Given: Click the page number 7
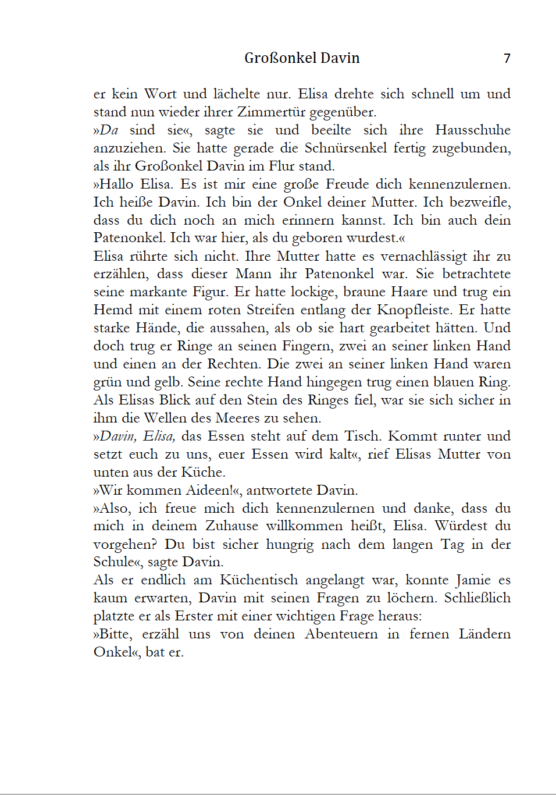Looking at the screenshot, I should coord(507,58).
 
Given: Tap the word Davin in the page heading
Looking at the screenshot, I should coord(340,58).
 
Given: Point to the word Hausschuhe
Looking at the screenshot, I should coord(472,130).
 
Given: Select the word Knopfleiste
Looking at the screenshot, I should coord(414,310).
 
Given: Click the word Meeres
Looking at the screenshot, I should coord(237,418).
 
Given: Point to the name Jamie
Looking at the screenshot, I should coord(473,580).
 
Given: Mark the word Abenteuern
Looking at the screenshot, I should coord(341,634).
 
